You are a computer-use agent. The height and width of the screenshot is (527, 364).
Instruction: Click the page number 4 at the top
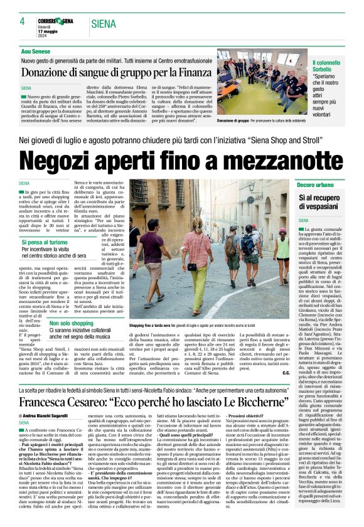21,21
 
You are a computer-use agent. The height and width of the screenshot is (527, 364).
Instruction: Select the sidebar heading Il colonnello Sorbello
330,67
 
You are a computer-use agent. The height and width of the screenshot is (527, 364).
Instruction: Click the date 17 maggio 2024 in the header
50,30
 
